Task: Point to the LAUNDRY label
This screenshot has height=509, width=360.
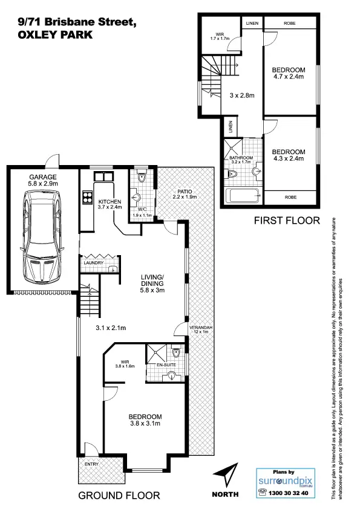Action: pyautogui.click(x=94, y=263)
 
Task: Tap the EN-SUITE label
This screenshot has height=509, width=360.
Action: pyautogui.click(x=164, y=366)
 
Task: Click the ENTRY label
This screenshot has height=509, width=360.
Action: pyautogui.click(x=91, y=464)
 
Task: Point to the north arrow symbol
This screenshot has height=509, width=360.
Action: pyautogui.click(x=227, y=474)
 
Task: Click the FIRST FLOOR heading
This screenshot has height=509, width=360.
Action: pyautogui.click(x=286, y=221)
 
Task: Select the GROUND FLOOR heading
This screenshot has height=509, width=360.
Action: pyautogui.click(x=119, y=495)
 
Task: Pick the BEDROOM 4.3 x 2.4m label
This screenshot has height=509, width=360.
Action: pyautogui.click(x=288, y=155)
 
